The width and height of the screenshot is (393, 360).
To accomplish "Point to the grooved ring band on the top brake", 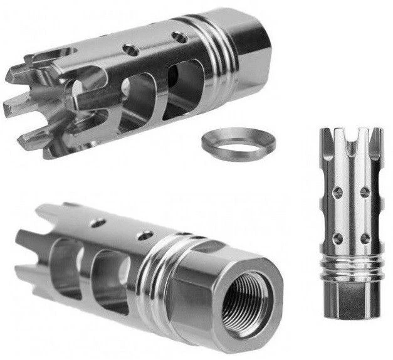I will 218,47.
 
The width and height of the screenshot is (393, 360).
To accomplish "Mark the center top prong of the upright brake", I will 352,141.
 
